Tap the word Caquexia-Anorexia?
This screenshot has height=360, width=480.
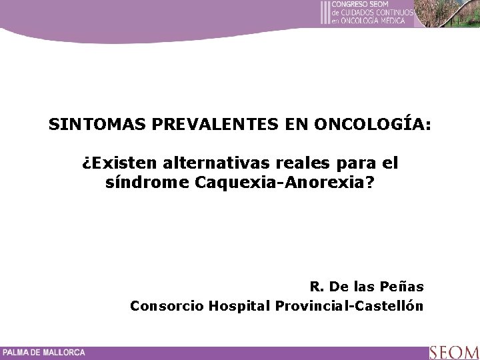pos(286,181)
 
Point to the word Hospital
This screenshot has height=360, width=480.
pos(237,306)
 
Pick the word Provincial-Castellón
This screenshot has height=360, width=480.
pos(347,306)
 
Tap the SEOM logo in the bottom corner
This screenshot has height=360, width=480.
pos(453,352)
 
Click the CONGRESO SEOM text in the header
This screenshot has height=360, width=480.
pos(361,4)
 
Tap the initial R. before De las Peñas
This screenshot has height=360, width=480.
pos(317,287)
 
